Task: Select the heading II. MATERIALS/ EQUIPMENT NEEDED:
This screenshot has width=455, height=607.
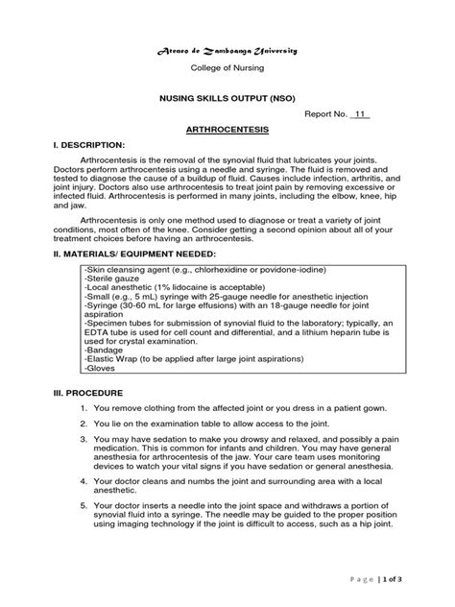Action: point(139,255)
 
